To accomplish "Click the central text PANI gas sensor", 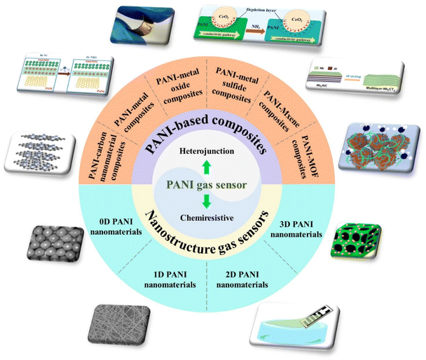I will pos(213,184).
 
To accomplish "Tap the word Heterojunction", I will pos(213,150).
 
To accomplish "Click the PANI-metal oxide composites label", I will pos(186,90).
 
